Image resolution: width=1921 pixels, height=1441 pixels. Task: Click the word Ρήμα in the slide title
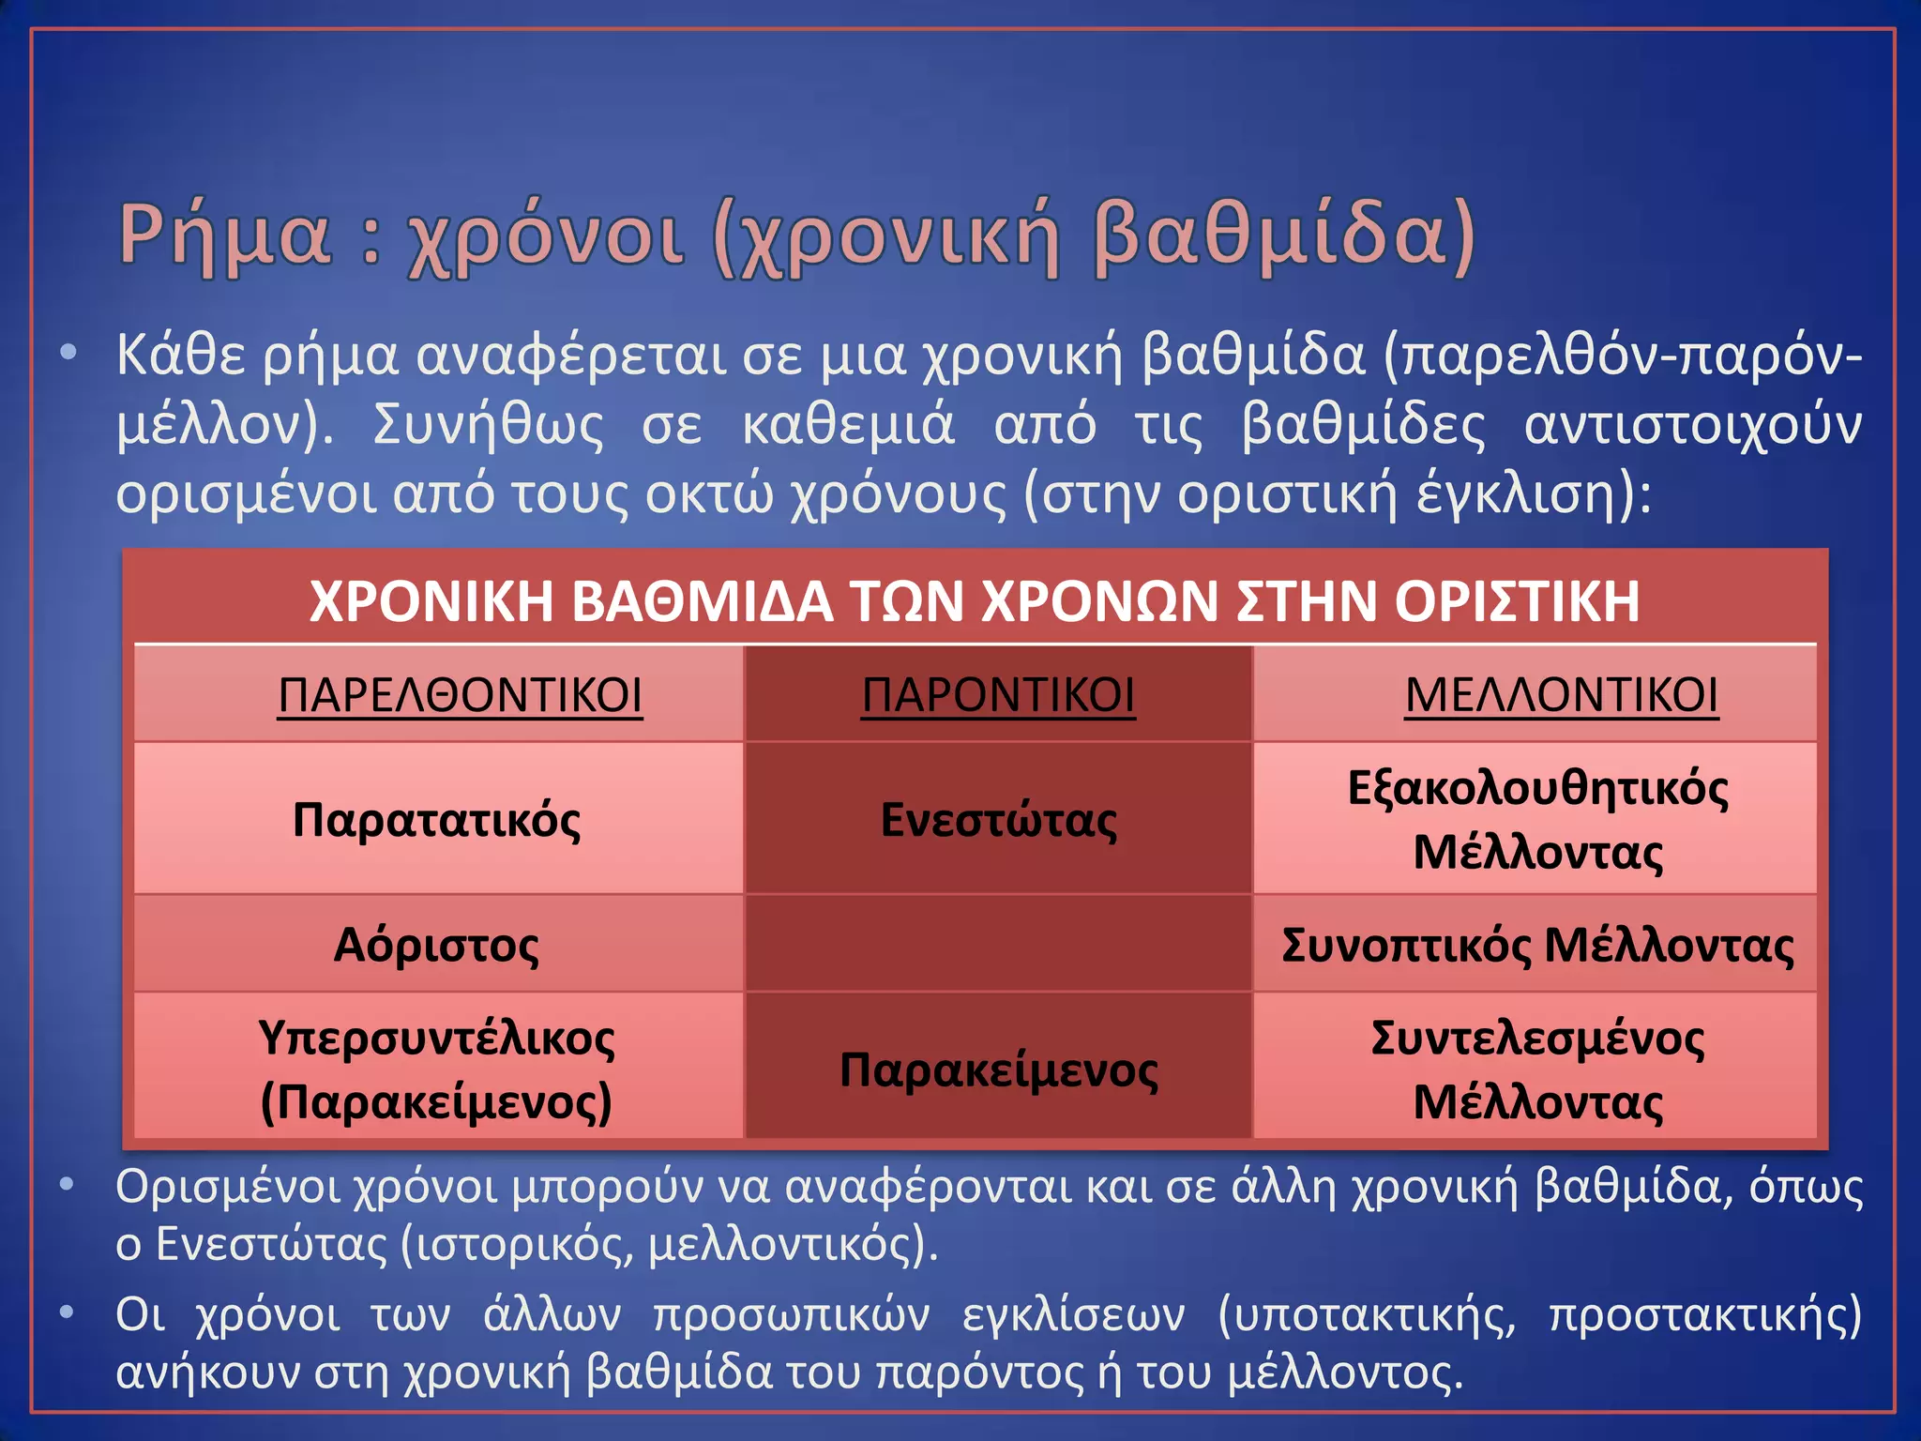tap(225, 235)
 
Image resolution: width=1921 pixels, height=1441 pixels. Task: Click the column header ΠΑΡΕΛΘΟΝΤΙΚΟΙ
tap(460, 695)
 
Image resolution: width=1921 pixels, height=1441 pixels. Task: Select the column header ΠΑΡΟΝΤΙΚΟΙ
tap(998, 695)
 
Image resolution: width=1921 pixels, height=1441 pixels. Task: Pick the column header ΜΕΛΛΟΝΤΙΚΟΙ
tap(1561, 695)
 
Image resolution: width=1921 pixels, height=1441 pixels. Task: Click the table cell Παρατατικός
tap(437, 820)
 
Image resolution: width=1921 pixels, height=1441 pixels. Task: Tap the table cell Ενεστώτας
tap(998, 820)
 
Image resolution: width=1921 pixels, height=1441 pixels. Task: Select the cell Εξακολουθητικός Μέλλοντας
tap(1536, 819)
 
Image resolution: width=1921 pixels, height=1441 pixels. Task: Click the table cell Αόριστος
tap(437, 945)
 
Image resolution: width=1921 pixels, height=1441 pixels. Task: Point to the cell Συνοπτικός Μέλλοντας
tap(1536, 945)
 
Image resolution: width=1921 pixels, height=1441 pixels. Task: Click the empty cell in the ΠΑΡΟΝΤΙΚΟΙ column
tap(998, 944)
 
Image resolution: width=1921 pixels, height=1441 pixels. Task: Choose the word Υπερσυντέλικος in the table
tap(437, 1039)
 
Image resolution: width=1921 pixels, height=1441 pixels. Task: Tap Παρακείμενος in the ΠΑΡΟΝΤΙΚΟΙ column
tap(998, 1069)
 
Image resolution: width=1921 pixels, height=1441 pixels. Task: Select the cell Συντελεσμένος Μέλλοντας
tap(1536, 1069)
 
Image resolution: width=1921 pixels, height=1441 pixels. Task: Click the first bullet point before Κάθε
tap(68, 354)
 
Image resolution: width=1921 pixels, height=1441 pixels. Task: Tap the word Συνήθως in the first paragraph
tap(489, 425)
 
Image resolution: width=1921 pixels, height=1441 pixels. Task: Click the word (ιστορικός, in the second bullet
tap(517, 1245)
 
